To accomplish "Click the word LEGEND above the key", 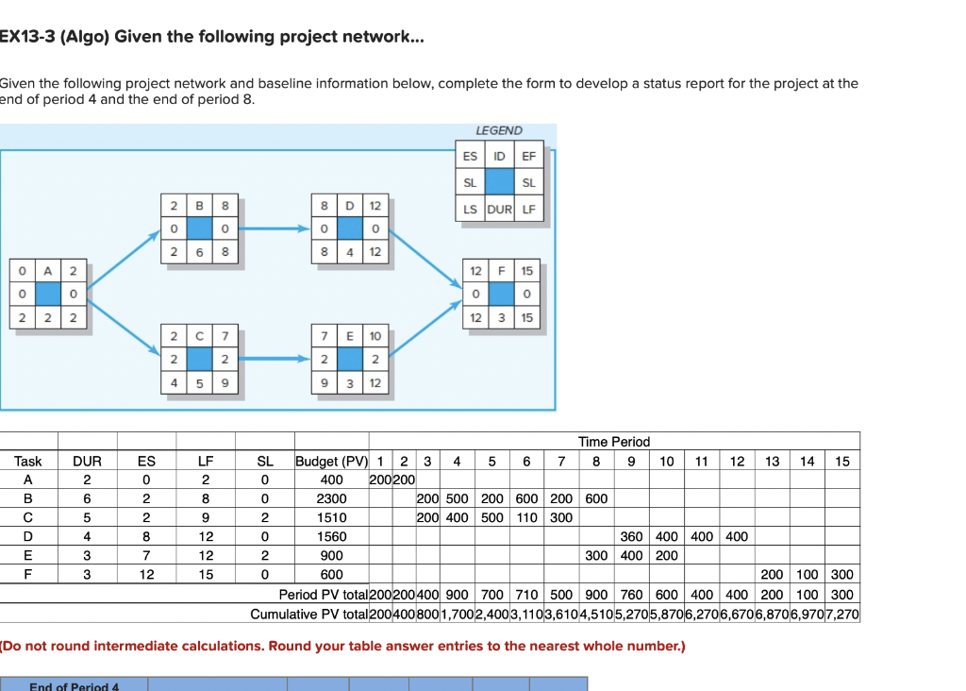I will [x=499, y=130].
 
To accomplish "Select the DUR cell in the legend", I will [x=499, y=209].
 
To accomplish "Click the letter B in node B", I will [x=199, y=205].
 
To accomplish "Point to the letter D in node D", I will [x=349, y=205].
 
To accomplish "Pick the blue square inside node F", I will [x=500, y=295].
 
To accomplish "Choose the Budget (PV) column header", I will [x=330, y=462].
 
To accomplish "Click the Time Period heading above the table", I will [x=614, y=442].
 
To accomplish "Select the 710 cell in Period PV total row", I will [x=526, y=595].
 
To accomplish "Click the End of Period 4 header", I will [x=75, y=684].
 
